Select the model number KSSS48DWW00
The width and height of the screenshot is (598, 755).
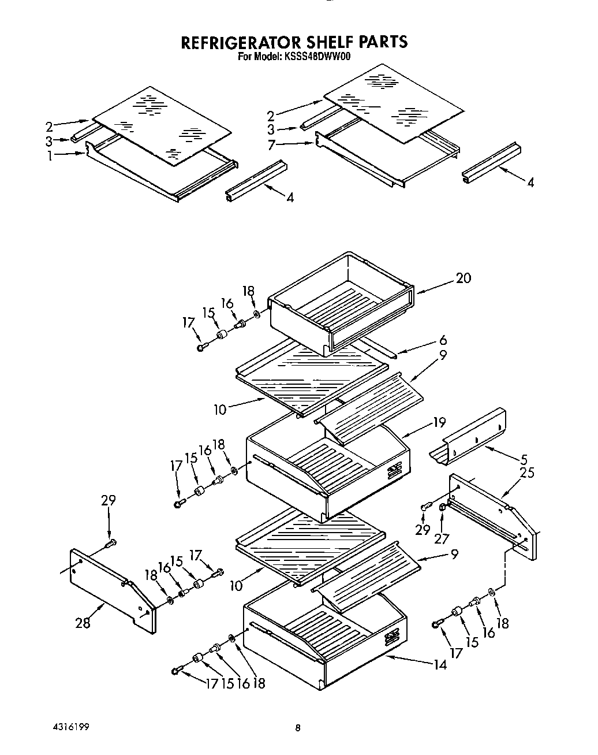pyautogui.click(x=317, y=57)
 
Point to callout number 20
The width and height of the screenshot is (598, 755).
pyautogui.click(x=463, y=278)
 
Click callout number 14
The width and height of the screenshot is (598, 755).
pyautogui.click(x=440, y=664)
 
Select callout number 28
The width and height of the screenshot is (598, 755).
pyautogui.click(x=84, y=623)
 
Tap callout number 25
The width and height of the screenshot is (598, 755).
pyautogui.click(x=527, y=473)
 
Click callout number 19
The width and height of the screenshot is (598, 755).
pyautogui.click(x=439, y=422)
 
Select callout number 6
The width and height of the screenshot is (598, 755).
pyautogui.click(x=443, y=340)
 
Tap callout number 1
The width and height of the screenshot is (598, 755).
pyautogui.click(x=50, y=155)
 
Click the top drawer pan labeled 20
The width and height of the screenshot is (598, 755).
pyautogui.click(x=341, y=303)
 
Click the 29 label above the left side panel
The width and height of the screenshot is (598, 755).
pyautogui.click(x=109, y=500)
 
